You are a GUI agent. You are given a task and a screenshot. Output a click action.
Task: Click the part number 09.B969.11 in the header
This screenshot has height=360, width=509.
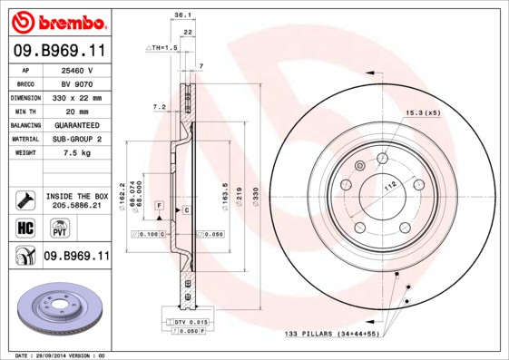pyautogui.click(x=58, y=51)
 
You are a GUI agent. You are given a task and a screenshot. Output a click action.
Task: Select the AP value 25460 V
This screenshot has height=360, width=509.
pyautogui.click(x=76, y=69)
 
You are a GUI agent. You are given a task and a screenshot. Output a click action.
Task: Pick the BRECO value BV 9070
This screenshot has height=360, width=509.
pyautogui.click(x=76, y=83)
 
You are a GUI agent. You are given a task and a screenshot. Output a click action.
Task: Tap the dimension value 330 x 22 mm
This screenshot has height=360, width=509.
pyautogui.click(x=76, y=97)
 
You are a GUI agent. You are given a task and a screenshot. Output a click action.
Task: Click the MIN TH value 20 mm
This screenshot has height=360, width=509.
pyautogui.click(x=76, y=111)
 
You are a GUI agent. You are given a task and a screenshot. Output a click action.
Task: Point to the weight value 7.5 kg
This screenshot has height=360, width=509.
pyautogui.click(x=76, y=153)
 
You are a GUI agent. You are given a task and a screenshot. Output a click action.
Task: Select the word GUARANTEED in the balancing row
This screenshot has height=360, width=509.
pyautogui.click(x=76, y=125)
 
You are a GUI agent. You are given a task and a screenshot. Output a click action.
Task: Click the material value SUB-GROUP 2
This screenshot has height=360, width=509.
pyautogui.click(x=76, y=139)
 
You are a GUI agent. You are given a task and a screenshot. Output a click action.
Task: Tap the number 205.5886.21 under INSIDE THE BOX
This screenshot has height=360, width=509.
pyautogui.click(x=76, y=206)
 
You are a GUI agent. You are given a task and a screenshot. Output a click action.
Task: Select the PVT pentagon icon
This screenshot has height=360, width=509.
pyautogui.click(x=55, y=229)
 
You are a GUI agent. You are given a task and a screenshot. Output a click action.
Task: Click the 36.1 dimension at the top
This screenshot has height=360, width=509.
pyautogui.click(x=181, y=15)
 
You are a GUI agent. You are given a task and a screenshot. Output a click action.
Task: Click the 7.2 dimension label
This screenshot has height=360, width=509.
pyautogui.click(x=160, y=107)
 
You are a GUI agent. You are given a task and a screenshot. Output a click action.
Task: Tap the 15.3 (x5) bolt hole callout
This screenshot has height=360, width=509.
pyautogui.click(x=423, y=113)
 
